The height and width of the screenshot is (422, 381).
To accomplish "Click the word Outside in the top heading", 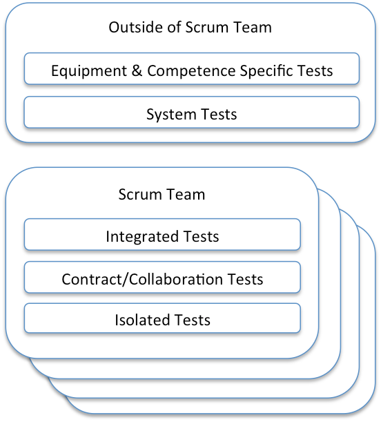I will pos(133,28).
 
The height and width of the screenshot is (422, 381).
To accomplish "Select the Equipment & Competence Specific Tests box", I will pos(191,70).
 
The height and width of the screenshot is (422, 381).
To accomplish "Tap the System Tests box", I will pos(191,113).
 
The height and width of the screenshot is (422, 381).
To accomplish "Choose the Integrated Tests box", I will pos(162,236).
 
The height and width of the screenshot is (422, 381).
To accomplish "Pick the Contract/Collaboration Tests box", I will pos(162,278).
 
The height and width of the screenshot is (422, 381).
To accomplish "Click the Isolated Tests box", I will pos(162,320).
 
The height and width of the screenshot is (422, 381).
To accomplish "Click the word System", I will pos(167,114).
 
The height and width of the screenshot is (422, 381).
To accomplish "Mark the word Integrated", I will pos(141,237).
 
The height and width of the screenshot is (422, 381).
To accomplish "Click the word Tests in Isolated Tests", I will pos(192,320).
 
